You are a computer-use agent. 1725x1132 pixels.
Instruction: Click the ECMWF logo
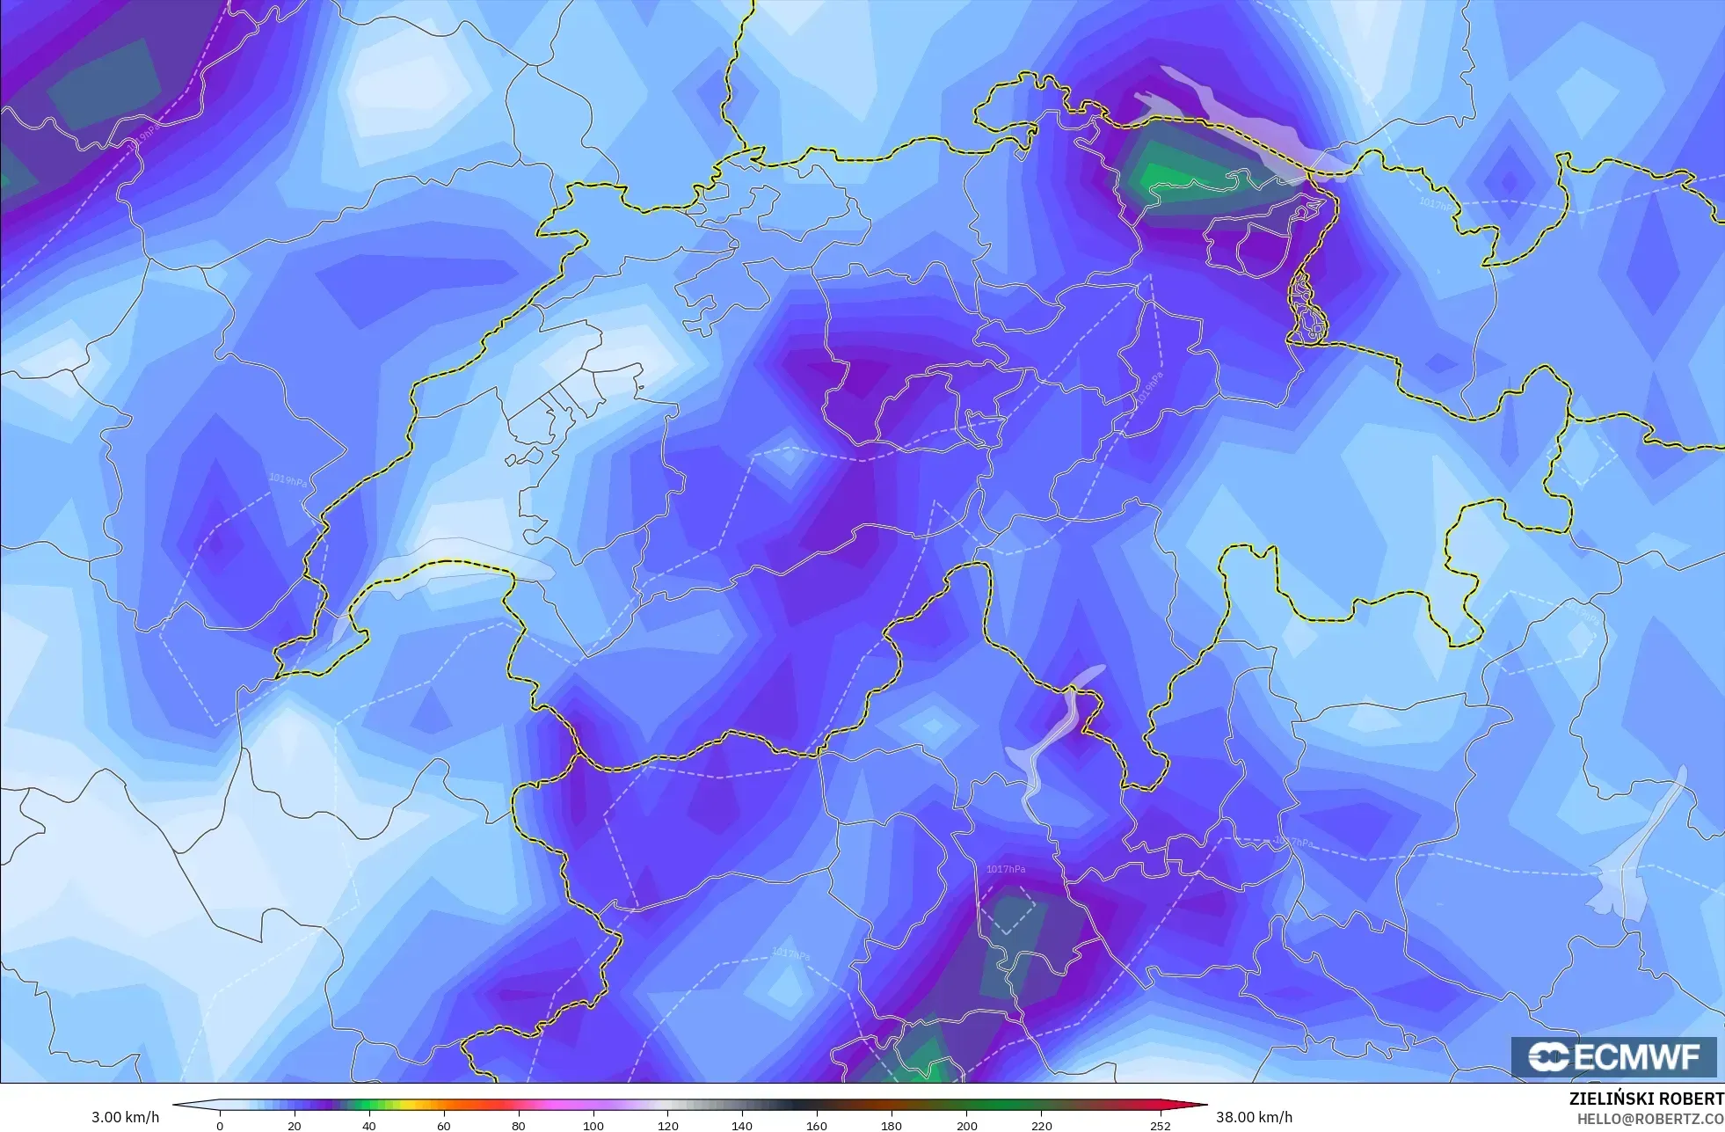1613,1056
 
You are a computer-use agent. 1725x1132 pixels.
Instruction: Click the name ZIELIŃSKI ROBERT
1646,1099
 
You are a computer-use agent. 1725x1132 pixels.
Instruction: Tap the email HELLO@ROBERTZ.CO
1649,1119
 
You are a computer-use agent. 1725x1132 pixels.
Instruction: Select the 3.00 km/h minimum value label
125,1117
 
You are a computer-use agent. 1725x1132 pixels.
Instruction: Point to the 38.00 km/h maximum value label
1254,1117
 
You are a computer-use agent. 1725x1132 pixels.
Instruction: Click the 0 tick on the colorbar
220,1125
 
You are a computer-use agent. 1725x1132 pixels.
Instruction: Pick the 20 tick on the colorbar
295,1125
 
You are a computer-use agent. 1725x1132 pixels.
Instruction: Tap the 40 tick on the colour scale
369,1125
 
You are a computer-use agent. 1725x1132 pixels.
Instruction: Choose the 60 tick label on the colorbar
444,1125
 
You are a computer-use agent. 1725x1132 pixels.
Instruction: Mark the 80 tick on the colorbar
519,1125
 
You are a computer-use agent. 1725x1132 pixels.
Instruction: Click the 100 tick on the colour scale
593,1125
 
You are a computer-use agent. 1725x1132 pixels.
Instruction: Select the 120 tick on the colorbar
668,1125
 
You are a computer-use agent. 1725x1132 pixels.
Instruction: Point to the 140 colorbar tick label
743,1125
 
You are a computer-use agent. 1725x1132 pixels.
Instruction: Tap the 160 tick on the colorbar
818,1125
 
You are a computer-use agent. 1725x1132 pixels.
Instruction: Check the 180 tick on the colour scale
892,1125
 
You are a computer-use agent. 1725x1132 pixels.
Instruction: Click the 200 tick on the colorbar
967,1125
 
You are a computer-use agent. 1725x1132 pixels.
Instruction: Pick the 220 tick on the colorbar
1042,1125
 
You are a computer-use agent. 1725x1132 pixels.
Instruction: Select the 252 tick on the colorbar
1161,1125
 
